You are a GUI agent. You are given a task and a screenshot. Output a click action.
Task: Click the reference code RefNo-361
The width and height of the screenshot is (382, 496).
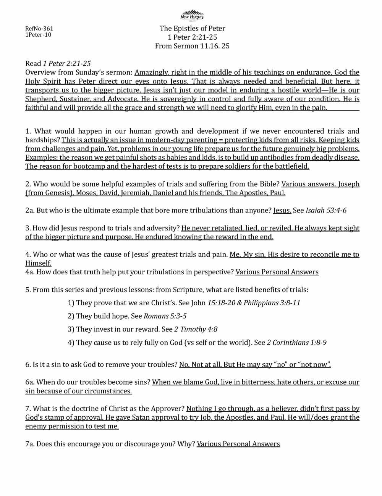(x=39, y=29)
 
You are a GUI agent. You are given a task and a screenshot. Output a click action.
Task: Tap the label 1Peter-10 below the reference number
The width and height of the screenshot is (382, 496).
(x=38, y=35)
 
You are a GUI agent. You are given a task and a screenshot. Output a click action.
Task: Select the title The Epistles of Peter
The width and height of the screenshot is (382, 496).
(x=192, y=29)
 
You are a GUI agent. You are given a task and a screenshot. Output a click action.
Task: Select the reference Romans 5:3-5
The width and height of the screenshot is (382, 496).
(x=165, y=316)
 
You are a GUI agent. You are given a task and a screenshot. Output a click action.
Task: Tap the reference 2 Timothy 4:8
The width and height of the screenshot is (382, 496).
(x=196, y=329)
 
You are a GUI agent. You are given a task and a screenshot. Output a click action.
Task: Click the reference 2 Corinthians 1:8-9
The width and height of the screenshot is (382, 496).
(x=296, y=343)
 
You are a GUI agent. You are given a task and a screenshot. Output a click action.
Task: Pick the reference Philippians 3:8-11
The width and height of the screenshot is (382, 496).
(x=272, y=303)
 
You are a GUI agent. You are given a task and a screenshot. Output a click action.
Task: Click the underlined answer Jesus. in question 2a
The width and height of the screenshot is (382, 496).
(x=282, y=211)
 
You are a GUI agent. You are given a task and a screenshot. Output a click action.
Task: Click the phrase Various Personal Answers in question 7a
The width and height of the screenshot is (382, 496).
(x=238, y=444)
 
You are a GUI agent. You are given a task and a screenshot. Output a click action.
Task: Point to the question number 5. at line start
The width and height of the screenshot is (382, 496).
(x=28, y=290)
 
